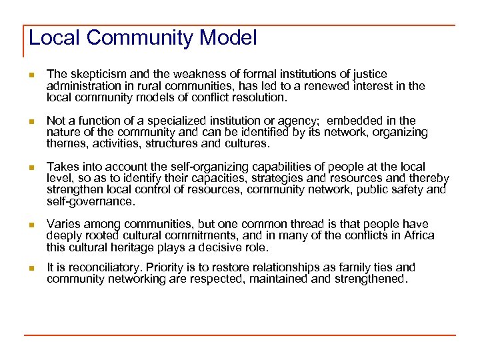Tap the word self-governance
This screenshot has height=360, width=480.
click(x=89, y=201)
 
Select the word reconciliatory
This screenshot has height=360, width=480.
click(x=100, y=267)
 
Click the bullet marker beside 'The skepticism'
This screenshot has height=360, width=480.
click(x=30, y=75)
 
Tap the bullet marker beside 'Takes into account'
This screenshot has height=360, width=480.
click(x=30, y=167)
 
